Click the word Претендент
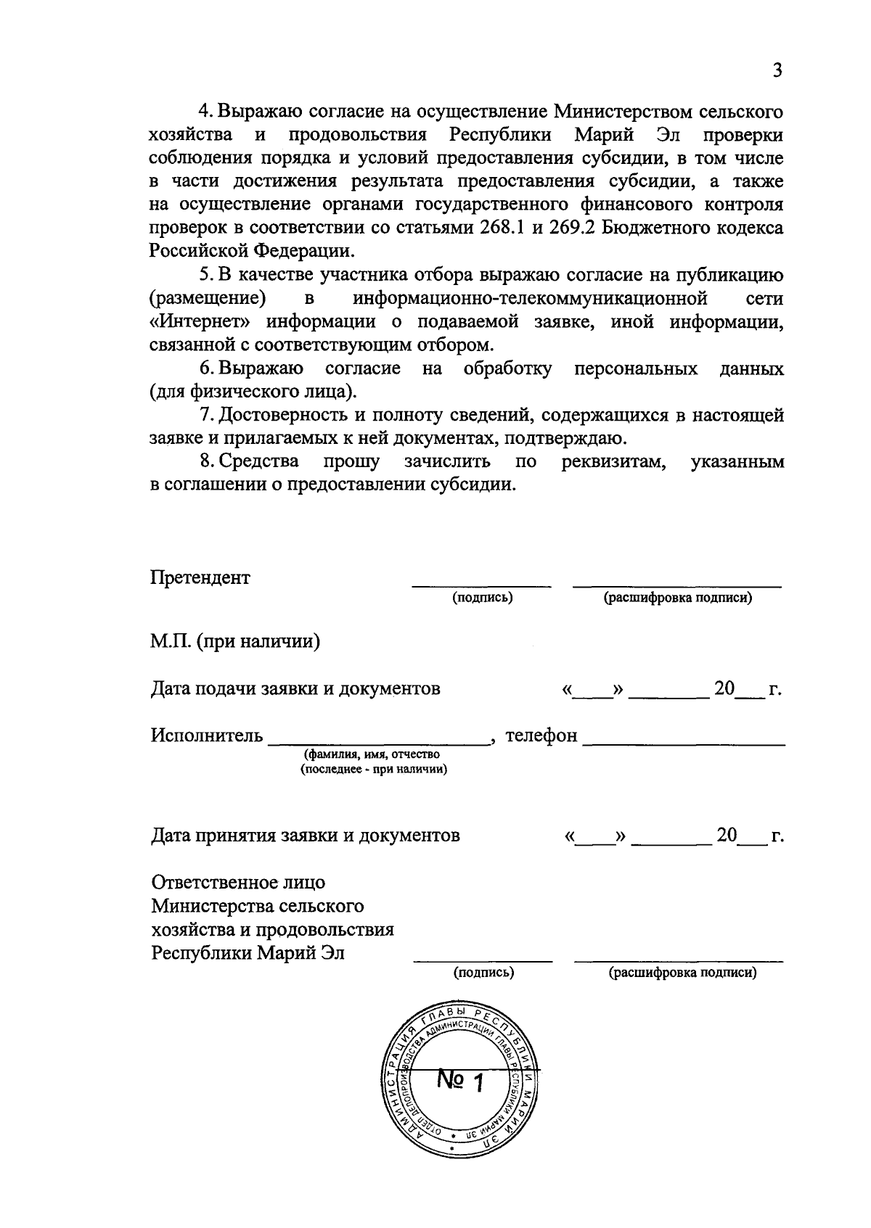coord(200,578)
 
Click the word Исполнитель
coord(207,735)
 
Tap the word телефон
coord(541,735)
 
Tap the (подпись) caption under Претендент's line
coord(483,598)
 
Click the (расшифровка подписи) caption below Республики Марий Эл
coord(682,973)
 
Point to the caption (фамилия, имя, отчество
coord(372,755)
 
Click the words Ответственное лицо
coord(238,883)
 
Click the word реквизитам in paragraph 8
coord(614,462)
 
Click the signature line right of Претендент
coord(482,584)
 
